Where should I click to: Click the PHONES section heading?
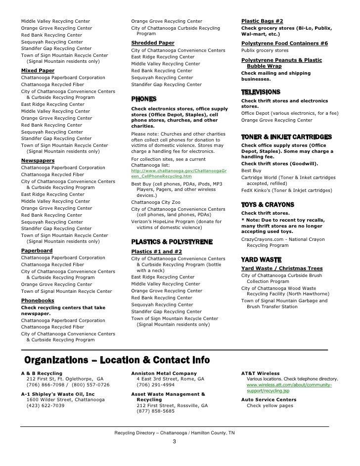point(144,99)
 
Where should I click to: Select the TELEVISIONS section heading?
point(261,92)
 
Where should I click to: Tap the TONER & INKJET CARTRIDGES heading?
point(286,137)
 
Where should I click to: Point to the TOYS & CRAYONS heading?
point(268,204)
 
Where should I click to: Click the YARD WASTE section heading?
point(261,259)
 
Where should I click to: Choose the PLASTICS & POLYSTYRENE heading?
point(172,242)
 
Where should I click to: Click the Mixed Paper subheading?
point(38,71)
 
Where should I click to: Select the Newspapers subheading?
point(38,161)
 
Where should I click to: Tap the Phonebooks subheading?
point(38,300)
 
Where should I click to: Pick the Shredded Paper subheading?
point(152,43)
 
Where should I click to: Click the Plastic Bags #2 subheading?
point(262,21)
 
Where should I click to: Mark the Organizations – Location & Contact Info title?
point(117,360)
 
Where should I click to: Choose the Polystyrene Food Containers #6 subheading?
point(284,43)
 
